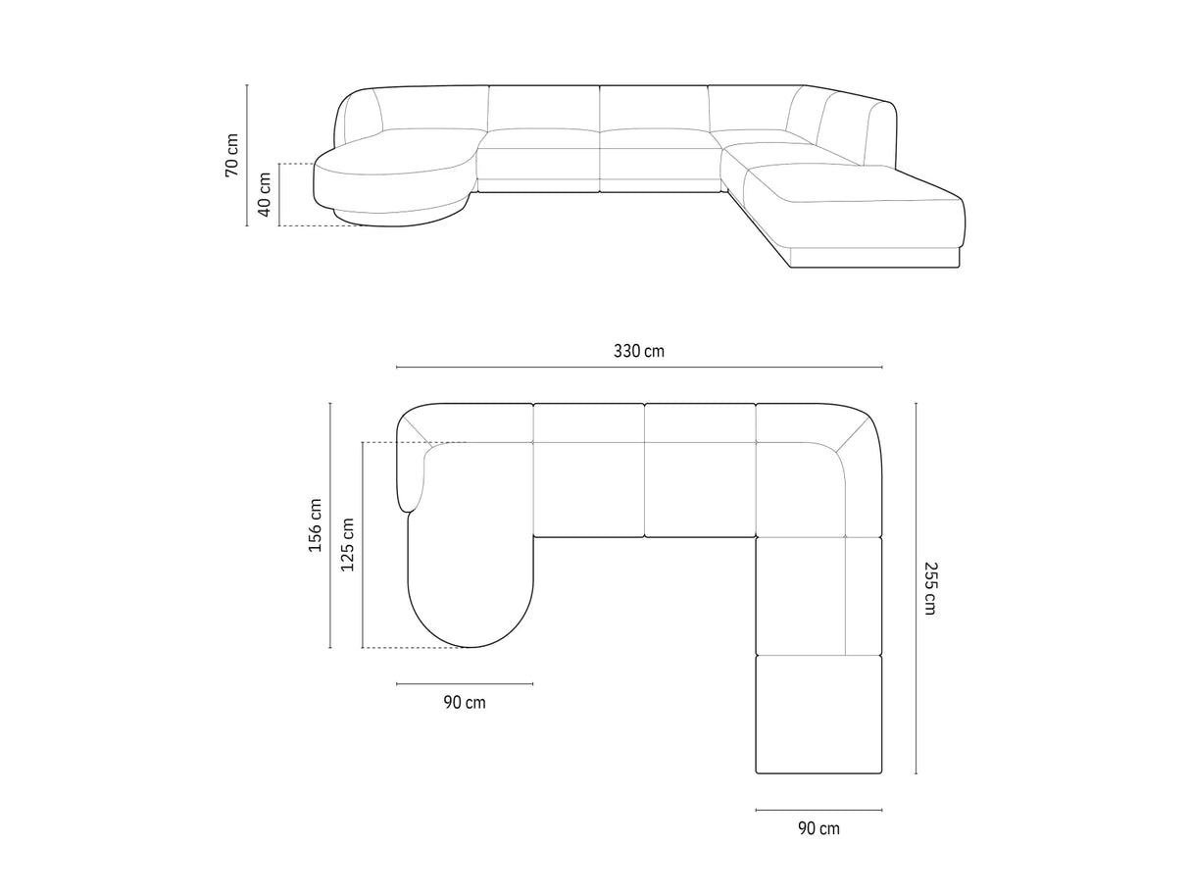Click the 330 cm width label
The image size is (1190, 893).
[x=639, y=351]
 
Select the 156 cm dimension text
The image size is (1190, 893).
[x=316, y=525]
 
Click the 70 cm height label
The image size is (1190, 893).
[x=231, y=155]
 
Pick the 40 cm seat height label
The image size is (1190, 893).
[x=265, y=195]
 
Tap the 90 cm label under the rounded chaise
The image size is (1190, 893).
[x=465, y=702]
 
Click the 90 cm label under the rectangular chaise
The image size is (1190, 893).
[x=818, y=828]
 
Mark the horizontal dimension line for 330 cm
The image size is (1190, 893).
[x=639, y=368]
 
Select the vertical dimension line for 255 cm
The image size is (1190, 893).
[x=916, y=588]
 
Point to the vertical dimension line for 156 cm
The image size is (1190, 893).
[x=330, y=525]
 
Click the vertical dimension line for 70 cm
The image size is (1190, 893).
[x=247, y=155]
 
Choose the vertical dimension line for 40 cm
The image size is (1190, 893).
[x=280, y=195]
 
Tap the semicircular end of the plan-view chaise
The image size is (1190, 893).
[x=471, y=613]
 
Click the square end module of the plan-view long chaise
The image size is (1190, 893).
[x=818, y=713]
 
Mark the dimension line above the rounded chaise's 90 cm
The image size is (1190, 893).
[x=465, y=683]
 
